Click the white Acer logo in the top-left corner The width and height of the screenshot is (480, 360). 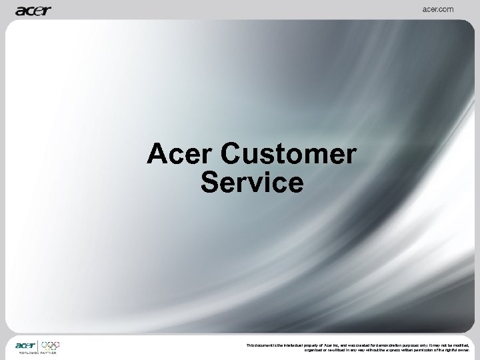33,10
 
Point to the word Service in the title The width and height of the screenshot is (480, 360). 251,182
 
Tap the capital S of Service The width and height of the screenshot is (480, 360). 209,182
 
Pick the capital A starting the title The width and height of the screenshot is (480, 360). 157,155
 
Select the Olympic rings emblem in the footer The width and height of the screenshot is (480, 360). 51,345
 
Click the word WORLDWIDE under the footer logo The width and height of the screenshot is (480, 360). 27,352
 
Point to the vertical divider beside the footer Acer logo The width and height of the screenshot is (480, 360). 39,346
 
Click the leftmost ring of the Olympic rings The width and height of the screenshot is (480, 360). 45,344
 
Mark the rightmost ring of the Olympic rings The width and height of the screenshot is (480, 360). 57,344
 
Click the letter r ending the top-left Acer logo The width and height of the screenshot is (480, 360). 48,10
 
